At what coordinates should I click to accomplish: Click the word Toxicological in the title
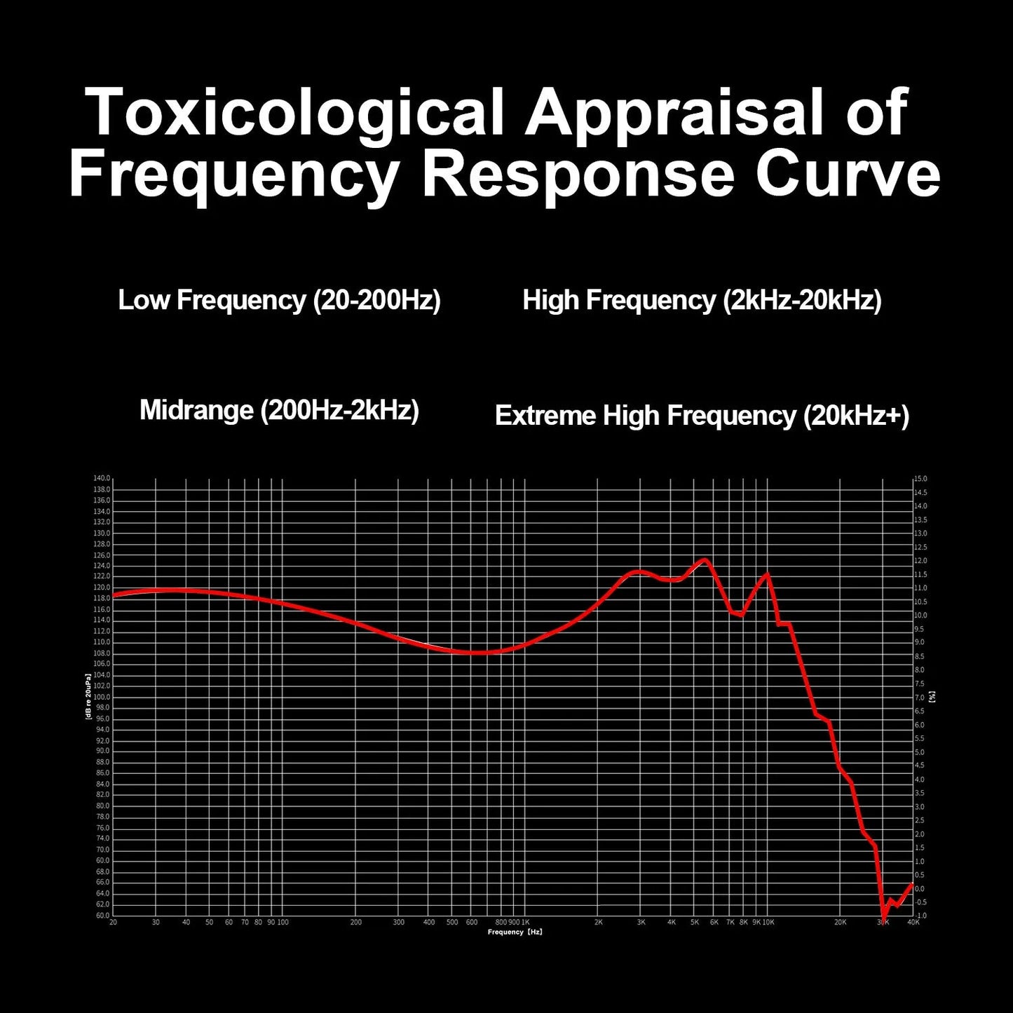(x=295, y=112)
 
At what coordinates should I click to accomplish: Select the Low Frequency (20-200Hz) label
(x=279, y=300)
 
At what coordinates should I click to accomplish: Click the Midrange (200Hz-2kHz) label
(x=279, y=410)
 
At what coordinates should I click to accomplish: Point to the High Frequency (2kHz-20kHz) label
(x=702, y=300)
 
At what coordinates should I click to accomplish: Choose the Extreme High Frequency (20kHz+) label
(x=702, y=416)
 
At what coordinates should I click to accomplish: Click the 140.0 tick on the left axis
(x=102, y=478)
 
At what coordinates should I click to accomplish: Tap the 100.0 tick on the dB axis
(x=102, y=697)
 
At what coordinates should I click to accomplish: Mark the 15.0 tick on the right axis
(x=920, y=479)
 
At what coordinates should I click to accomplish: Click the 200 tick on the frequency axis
(x=355, y=923)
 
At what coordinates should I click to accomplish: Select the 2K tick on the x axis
(x=598, y=923)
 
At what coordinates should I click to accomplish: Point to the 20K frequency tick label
(x=840, y=923)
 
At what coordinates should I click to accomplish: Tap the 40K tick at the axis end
(x=913, y=923)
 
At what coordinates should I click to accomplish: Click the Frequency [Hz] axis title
(x=515, y=932)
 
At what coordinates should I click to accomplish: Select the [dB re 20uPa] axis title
(x=88, y=697)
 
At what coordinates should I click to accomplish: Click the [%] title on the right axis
(x=932, y=696)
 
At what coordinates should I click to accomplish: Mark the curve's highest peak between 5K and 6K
(x=705, y=559)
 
